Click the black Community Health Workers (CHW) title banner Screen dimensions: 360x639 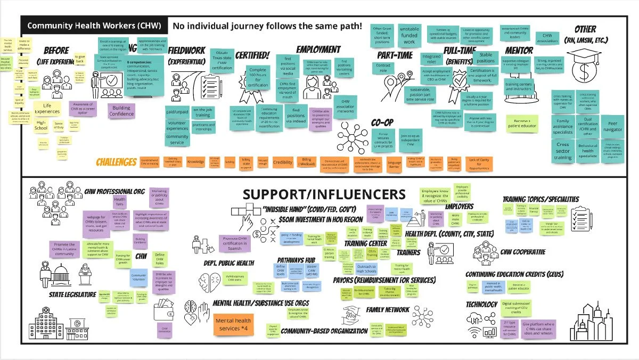pos(93,25)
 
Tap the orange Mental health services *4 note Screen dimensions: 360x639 pos(233,325)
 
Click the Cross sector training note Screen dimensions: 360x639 pos(563,151)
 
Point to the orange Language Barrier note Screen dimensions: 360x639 pos(395,162)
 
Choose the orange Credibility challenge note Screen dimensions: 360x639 pos(283,162)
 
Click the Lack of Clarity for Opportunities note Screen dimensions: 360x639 pos(479,162)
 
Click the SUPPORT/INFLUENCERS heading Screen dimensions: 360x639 pos(324,194)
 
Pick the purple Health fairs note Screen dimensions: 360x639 pos(120,201)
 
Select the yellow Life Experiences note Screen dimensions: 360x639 pos(47,109)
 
